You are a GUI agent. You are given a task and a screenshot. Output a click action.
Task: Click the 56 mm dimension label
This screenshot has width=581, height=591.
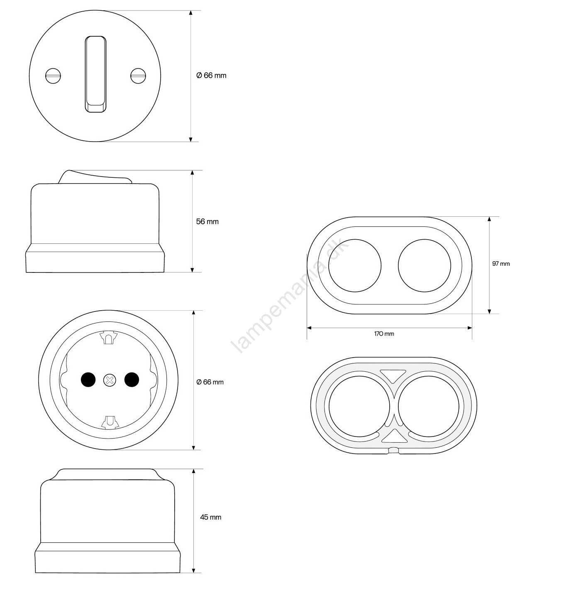click(x=207, y=221)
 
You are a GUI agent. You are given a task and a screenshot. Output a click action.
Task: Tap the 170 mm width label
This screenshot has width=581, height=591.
click(x=384, y=334)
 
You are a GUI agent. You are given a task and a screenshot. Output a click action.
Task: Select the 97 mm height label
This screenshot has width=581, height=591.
click(x=501, y=263)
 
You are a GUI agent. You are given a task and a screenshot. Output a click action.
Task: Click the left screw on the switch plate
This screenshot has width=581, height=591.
click(x=53, y=76)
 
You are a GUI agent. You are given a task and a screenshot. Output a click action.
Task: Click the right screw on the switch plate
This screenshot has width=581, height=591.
click(x=138, y=76)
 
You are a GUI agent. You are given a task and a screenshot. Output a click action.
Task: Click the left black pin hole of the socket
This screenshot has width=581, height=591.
click(x=88, y=380)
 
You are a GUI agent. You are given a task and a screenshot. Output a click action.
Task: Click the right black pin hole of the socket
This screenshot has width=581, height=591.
click(x=132, y=380)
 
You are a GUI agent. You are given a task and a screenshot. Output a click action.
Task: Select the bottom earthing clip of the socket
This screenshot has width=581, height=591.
click(x=110, y=422)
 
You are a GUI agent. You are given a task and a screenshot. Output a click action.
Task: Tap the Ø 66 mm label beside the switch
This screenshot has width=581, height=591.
click(x=211, y=76)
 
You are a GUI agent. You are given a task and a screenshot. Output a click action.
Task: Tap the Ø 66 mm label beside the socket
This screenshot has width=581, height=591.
click(x=210, y=382)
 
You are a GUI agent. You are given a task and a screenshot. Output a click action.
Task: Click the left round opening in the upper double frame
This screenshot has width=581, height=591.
click(x=355, y=265)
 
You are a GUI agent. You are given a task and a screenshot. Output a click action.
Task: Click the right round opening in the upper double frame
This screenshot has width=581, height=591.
click(x=425, y=265)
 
